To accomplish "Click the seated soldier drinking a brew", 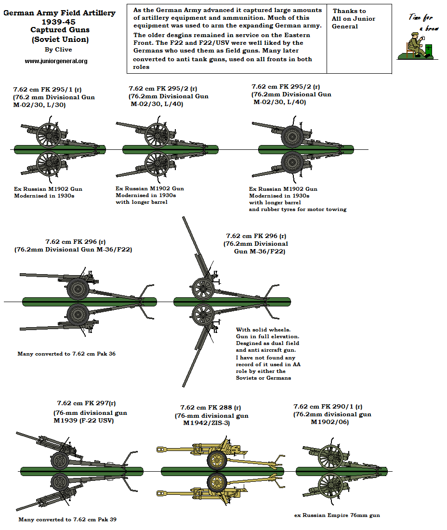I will pos(415,45).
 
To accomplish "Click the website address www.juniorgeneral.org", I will pos(56,61).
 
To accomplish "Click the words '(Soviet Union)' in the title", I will pos(60,39).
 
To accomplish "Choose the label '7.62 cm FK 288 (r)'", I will pos(210,407).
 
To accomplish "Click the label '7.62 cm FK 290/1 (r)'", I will pos(328,406).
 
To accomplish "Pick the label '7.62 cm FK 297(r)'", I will pos(86,403).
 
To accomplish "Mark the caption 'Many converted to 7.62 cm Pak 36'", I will pos(66,354).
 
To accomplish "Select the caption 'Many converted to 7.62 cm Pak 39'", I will pos(67,519).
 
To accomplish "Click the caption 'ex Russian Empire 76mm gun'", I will pos(337,515).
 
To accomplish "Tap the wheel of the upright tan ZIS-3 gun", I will pos(217,460).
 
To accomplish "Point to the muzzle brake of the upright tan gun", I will pos(161,450).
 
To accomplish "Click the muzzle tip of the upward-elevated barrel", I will pos(184,219).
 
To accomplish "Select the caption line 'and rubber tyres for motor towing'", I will pos(298,209).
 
